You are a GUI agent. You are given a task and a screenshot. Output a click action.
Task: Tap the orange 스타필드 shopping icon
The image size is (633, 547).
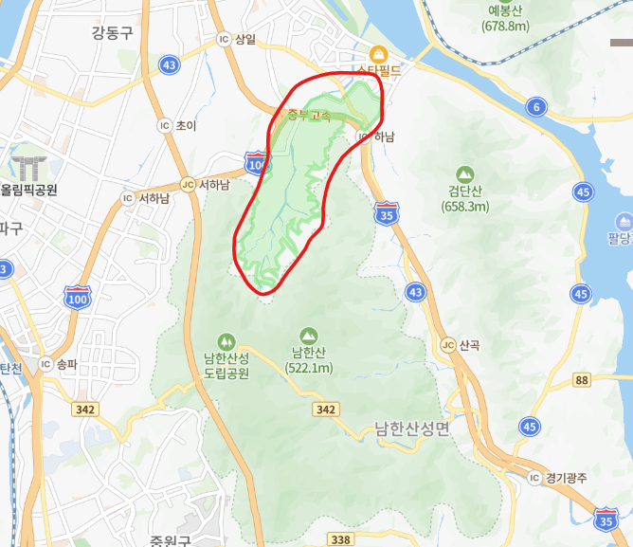(x=378, y=53)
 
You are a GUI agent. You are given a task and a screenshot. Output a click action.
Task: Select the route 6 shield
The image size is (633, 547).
(x=536, y=107)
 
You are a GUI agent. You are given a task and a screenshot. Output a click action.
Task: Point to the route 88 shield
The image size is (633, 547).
(x=581, y=380)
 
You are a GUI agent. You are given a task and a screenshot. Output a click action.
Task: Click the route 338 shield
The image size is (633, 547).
(x=341, y=538)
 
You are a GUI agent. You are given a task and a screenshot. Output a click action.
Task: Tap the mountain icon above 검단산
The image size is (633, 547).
(x=464, y=174)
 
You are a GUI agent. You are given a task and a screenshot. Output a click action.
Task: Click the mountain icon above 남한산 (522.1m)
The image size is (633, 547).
(x=308, y=336)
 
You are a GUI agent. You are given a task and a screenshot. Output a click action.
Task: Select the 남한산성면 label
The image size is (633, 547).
(x=412, y=428)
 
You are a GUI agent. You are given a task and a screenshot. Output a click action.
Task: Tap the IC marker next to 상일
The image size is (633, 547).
(x=224, y=39)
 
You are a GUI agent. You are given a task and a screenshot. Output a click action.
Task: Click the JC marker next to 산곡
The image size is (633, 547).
(x=447, y=345)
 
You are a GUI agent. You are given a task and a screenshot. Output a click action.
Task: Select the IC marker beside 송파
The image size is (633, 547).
(x=45, y=363)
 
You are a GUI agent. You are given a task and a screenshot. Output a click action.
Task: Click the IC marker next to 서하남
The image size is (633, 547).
(x=127, y=198)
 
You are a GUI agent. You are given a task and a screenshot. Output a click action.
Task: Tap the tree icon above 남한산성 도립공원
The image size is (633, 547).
(x=226, y=339)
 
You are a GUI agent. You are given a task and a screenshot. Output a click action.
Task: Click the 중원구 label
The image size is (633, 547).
(x=170, y=541)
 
